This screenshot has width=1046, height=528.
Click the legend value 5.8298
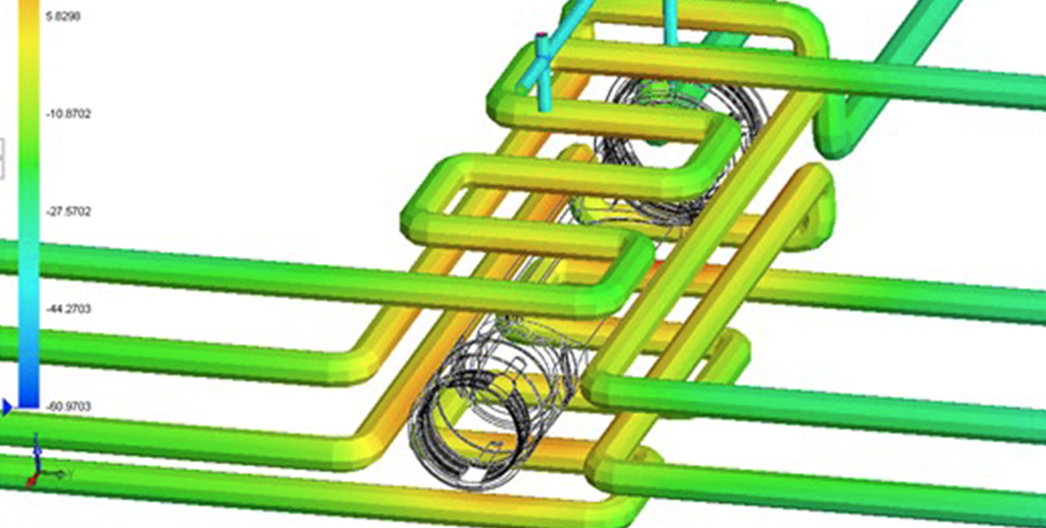click(63, 16)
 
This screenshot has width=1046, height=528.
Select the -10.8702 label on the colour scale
click(68, 114)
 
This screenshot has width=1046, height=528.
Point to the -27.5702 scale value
click(68, 211)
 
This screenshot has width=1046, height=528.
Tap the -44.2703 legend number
click(68, 309)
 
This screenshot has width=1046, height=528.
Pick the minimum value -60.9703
click(68, 407)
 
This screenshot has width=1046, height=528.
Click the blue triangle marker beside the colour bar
click(7, 407)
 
